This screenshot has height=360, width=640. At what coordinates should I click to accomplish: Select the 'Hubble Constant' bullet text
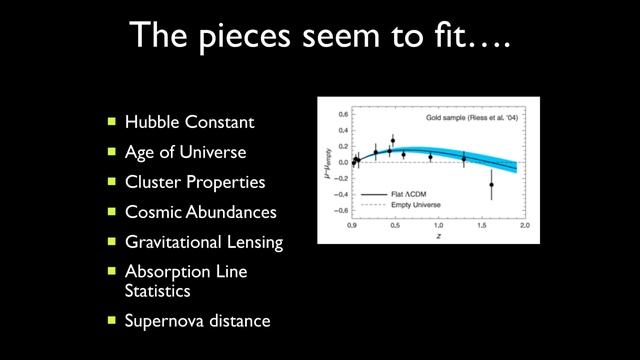pyautogui.click(x=189, y=123)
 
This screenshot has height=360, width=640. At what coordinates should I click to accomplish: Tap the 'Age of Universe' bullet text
pyautogui.click(x=185, y=153)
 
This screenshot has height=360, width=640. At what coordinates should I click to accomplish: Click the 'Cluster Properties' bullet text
pyautogui.click(x=195, y=183)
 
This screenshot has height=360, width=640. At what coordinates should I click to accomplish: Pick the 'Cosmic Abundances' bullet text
pyautogui.click(x=200, y=212)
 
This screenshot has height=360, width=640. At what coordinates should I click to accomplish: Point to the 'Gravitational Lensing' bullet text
pyautogui.click(x=204, y=242)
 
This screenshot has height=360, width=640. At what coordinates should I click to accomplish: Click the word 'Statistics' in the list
pyautogui.click(x=157, y=291)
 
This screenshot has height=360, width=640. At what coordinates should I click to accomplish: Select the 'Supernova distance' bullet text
pyautogui.click(x=197, y=321)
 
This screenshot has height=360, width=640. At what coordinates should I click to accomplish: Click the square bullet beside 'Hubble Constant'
pyautogui.click(x=112, y=123)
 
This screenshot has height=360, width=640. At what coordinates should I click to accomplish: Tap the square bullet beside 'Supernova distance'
pyautogui.click(x=112, y=321)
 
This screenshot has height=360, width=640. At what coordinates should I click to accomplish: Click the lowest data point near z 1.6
pyautogui.click(x=492, y=185)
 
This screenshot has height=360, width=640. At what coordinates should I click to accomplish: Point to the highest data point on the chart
pyautogui.click(x=393, y=141)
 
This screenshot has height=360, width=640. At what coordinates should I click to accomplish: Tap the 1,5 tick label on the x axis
pyautogui.click(x=477, y=228)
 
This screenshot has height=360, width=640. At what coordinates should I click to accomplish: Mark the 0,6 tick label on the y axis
pyautogui.click(x=340, y=114)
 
